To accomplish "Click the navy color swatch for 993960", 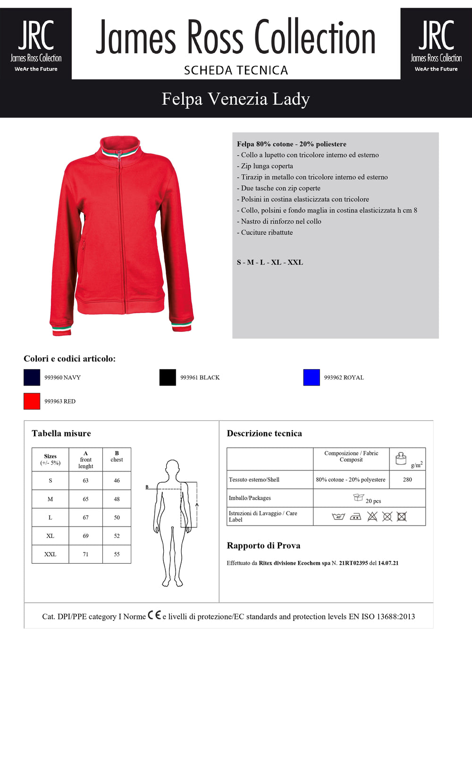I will point(32,377).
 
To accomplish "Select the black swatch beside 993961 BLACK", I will point(168,377).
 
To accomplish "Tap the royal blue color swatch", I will point(312,377).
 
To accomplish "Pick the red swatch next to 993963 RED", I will point(32,401).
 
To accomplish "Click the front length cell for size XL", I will point(85,536).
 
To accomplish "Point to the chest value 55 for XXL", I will point(117,554).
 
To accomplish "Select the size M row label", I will point(50,499).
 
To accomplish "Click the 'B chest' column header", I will point(117,456).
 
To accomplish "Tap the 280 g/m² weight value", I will point(407,479).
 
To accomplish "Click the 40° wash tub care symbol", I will point(338,517).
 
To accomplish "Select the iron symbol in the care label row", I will point(355,517).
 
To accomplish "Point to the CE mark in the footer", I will point(154,615).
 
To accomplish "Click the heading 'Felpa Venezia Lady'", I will point(236,99).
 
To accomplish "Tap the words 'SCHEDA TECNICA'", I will point(236,70).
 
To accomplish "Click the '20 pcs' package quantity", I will point(373,501).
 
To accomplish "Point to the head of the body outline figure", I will point(172,468).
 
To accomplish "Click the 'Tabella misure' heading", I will point(61,433).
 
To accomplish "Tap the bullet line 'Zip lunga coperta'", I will point(267,166).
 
